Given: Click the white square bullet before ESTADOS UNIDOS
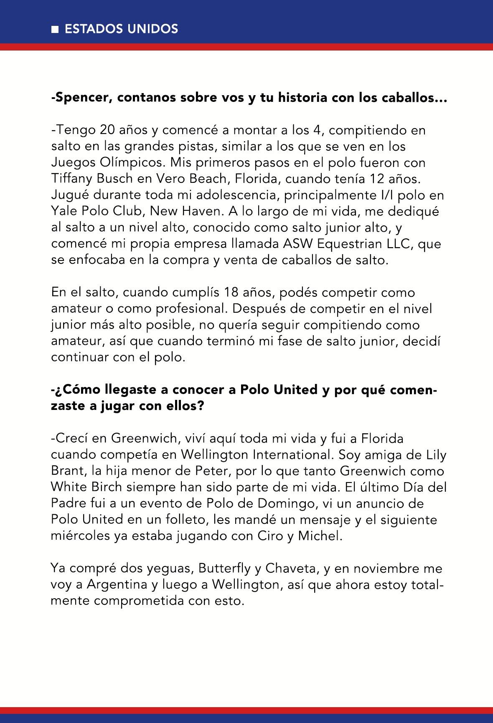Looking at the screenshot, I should click(x=54, y=29).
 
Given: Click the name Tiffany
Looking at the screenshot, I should click(x=72, y=179).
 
